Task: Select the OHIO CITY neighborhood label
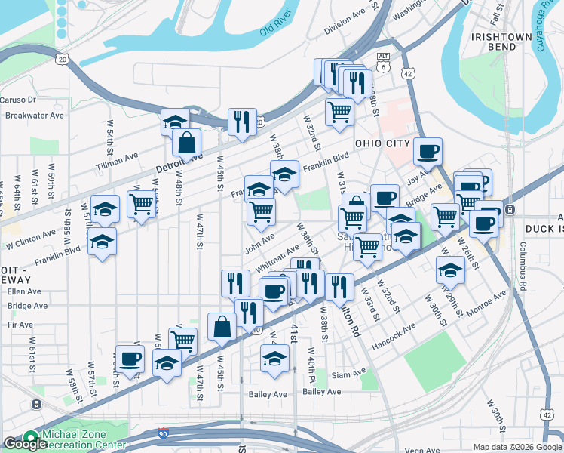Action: (382, 143)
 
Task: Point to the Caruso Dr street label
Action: (18, 100)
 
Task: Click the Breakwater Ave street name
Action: (34, 116)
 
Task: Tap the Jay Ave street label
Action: (418, 180)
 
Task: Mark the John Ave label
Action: (259, 245)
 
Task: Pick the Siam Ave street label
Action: (348, 374)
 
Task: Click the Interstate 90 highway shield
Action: (163, 433)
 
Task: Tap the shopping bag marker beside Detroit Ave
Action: (185, 141)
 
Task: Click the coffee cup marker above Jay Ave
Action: (428, 151)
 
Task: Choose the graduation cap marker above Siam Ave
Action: (275, 359)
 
